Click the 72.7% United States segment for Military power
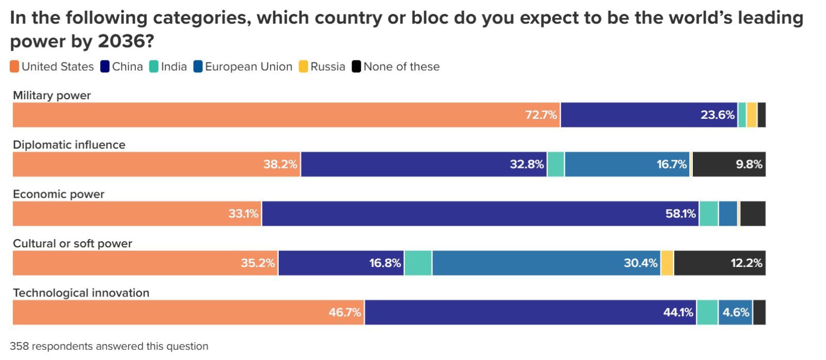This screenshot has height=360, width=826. pyautogui.click(x=287, y=115)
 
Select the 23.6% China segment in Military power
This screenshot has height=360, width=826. pyautogui.click(x=649, y=115)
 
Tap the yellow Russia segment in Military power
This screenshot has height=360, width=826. pyautogui.click(x=752, y=115)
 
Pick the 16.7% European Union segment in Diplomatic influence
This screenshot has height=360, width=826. pyautogui.click(x=628, y=164)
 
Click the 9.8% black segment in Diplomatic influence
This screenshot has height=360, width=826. pyautogui.click(x=729, y=164)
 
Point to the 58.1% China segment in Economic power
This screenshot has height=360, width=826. pyautogui.click(x=480, y=214)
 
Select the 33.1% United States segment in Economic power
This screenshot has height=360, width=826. pyautogui.click(x=137, y=214)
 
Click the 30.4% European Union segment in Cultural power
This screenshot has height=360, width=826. pyautogui.click(x=546, y=263)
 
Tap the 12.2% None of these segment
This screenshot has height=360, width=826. pyautogui.click(x=720, y=263)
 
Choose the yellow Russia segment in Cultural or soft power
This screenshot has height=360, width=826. pyautogui.click(x=667, y=263)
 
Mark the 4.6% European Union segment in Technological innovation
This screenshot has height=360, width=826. pyautogui.click(x=735, y=312)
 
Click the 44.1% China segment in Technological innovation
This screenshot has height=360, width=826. pyautogui.click(x=530, y=312)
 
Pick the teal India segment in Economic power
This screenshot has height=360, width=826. pyautogui.click(x=709, y=214)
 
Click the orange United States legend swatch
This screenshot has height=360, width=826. pyautogui.click(x=14, y=67)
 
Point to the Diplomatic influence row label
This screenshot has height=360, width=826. pyautogui.click(x=69, y=145)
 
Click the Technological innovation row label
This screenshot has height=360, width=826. pyautogui.click(x=81, y=293)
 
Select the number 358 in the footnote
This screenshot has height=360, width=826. pyautogui.click(x=19, y=346)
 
